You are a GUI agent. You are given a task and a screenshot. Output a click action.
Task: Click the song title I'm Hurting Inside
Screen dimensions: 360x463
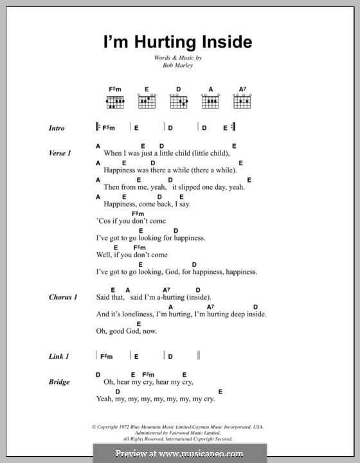(179, 43)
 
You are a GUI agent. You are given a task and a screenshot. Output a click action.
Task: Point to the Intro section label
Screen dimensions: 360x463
(57, 128)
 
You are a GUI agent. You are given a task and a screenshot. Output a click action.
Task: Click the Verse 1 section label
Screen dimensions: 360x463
(59, 154)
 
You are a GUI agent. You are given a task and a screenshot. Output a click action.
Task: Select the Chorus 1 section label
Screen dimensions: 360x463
(62, 298)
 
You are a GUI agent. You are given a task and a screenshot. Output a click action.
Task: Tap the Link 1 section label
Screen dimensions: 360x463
(58, 356)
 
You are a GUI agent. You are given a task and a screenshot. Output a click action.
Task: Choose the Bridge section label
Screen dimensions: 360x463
(59, 382)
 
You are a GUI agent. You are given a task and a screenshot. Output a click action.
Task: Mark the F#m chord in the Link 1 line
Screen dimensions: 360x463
(107, 356)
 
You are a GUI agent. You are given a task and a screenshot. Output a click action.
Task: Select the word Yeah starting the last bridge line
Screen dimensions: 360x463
(105, 399)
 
